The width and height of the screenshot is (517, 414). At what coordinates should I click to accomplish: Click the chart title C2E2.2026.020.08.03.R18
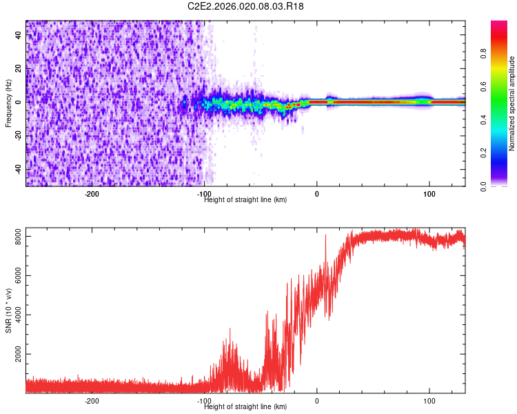point(246,6)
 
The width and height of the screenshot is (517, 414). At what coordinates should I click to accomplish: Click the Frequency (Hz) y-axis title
point(8,103)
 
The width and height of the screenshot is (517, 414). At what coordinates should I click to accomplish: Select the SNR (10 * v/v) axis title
point(8,310)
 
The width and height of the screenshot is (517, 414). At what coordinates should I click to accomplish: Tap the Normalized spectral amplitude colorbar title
point(512,103)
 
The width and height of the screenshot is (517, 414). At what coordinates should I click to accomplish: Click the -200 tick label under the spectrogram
point(92,194)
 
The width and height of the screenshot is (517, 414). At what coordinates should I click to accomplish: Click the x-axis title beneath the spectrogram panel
point(246,200)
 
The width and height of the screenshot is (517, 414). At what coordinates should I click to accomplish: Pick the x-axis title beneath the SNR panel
point(246,407)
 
